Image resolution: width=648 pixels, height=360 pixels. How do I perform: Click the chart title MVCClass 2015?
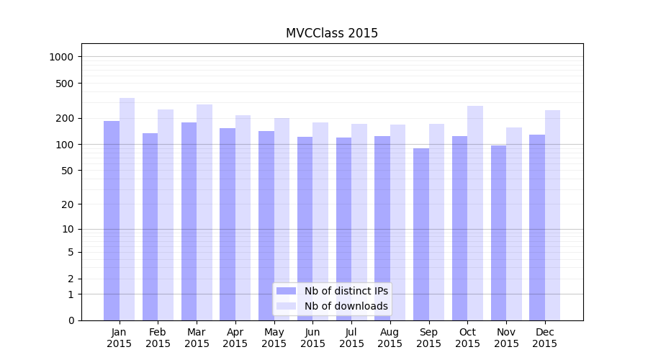(x=332, y=33)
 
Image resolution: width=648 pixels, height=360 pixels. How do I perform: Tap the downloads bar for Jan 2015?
(x=127, y=209)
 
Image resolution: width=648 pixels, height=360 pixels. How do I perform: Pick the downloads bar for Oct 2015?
(x=475, y=213)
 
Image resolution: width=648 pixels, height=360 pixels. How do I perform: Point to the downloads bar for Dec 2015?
(x=552, y=215)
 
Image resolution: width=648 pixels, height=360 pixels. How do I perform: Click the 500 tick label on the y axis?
(x=66, y=84)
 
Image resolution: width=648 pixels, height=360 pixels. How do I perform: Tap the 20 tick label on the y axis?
(x=68, y=204)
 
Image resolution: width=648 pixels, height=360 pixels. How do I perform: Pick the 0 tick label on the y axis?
(x=71, y=320)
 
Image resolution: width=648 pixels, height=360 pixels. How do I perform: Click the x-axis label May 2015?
(x=274, y=338)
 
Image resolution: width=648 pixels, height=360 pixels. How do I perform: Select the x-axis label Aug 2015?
(x=390, y=338)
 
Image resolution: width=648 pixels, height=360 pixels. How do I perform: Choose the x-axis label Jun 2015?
(x=312, y=338)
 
